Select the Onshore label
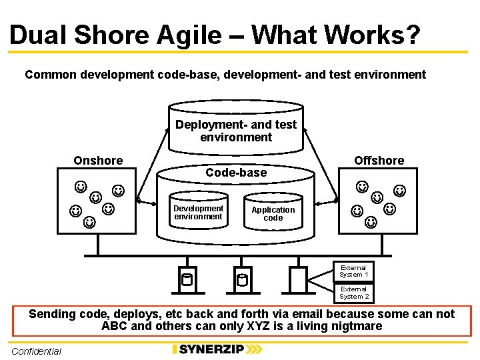click(98, 161)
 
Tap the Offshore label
click(379, 161)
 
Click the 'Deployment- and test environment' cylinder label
click(236, 131)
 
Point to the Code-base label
click(236, 173)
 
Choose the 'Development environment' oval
click(198, 213)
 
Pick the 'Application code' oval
click(273, 213)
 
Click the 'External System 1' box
click(353, 271)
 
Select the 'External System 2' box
click(353, 293)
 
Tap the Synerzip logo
click(217, 349)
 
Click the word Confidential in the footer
click(36, 351)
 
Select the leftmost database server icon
click(187, 279)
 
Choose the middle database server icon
click(242, 279)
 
